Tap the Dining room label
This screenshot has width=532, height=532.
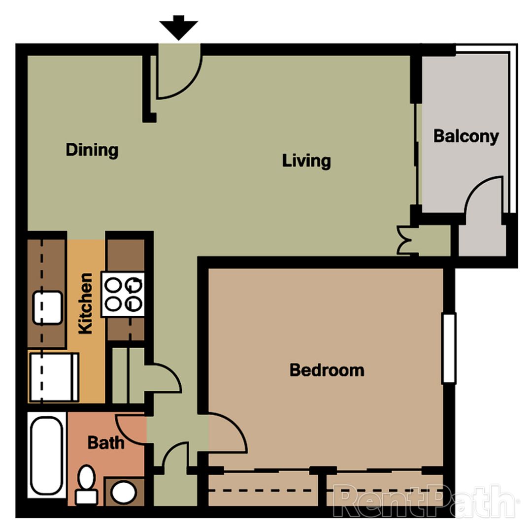[x=92, y=150]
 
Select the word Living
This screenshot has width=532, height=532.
[x=306, y=161]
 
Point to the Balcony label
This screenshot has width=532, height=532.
[x=465, y=136]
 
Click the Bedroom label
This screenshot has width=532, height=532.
[x=327, y=369]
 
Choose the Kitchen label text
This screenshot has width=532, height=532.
[x=86, y=303]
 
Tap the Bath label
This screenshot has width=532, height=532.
[x=106, y=442]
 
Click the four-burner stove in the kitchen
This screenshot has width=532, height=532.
[x=123, y=294]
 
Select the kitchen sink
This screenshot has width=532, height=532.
[x=48, y=307]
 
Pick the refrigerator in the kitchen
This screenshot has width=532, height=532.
[x=54, y=377]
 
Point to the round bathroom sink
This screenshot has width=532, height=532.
[x=121, y=491]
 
